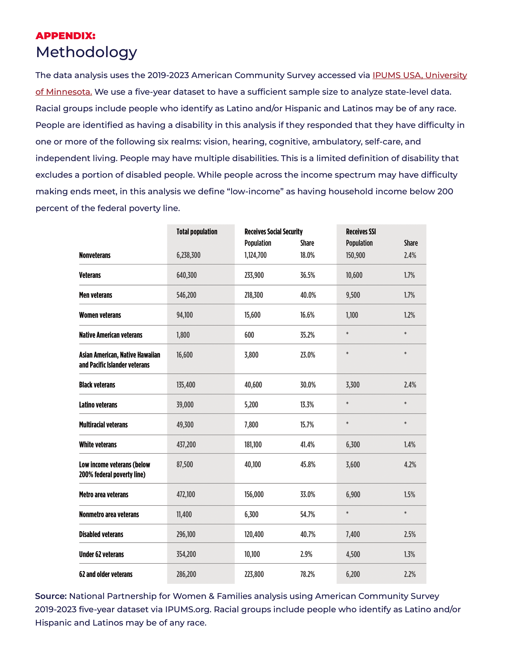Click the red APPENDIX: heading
click(66, 36)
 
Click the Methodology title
click(86, 52)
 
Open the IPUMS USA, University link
click(419, 75)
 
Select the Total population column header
click(197, 232)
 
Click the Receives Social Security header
click(273, 232)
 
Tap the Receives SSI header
click(361, 232)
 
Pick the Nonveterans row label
click(95, 255)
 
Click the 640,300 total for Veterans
click(186, 275)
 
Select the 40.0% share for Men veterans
click(308, 295)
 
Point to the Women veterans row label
click(100, 315)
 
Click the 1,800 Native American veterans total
click(183, 335)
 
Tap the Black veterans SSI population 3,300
click(352, 385)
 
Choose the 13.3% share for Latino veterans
click(307, 405)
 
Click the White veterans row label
click(98, 445)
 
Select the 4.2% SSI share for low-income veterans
click(410, 464)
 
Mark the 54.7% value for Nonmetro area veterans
click(307, 515)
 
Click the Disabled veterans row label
click(101, 534)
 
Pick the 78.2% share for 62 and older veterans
click(307, 574)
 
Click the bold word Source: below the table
click(51, 596)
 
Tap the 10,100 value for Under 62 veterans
click(252, 554)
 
